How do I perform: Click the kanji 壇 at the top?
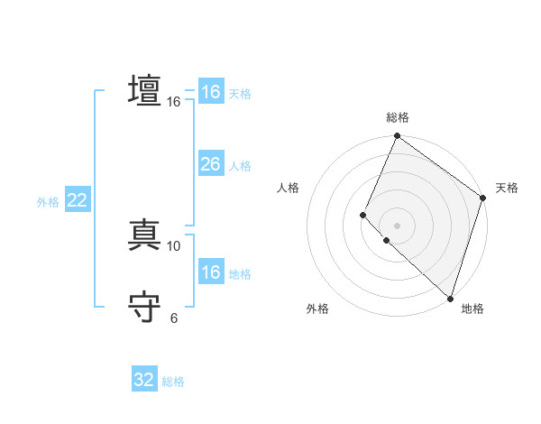click(145, 92)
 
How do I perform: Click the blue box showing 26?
click(210, 164)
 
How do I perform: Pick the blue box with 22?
click(77, 201)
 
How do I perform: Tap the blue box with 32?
click(144, 380)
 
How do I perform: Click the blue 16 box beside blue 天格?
click(210, 92)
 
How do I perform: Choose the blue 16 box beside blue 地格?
click(210, 272)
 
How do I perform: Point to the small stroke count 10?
click(174, 245)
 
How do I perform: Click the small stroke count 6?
click(174, 318)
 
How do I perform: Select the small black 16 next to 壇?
click(174, 102)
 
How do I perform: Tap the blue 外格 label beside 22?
click(48, 202)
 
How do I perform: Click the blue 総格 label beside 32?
click(174, 382)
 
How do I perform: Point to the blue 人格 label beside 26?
click(240, 166)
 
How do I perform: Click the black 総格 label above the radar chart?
click(398, 117)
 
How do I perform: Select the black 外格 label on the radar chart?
click(317, 309)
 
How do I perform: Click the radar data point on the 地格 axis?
click(450, 298)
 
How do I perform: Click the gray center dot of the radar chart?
click(398, 226)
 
